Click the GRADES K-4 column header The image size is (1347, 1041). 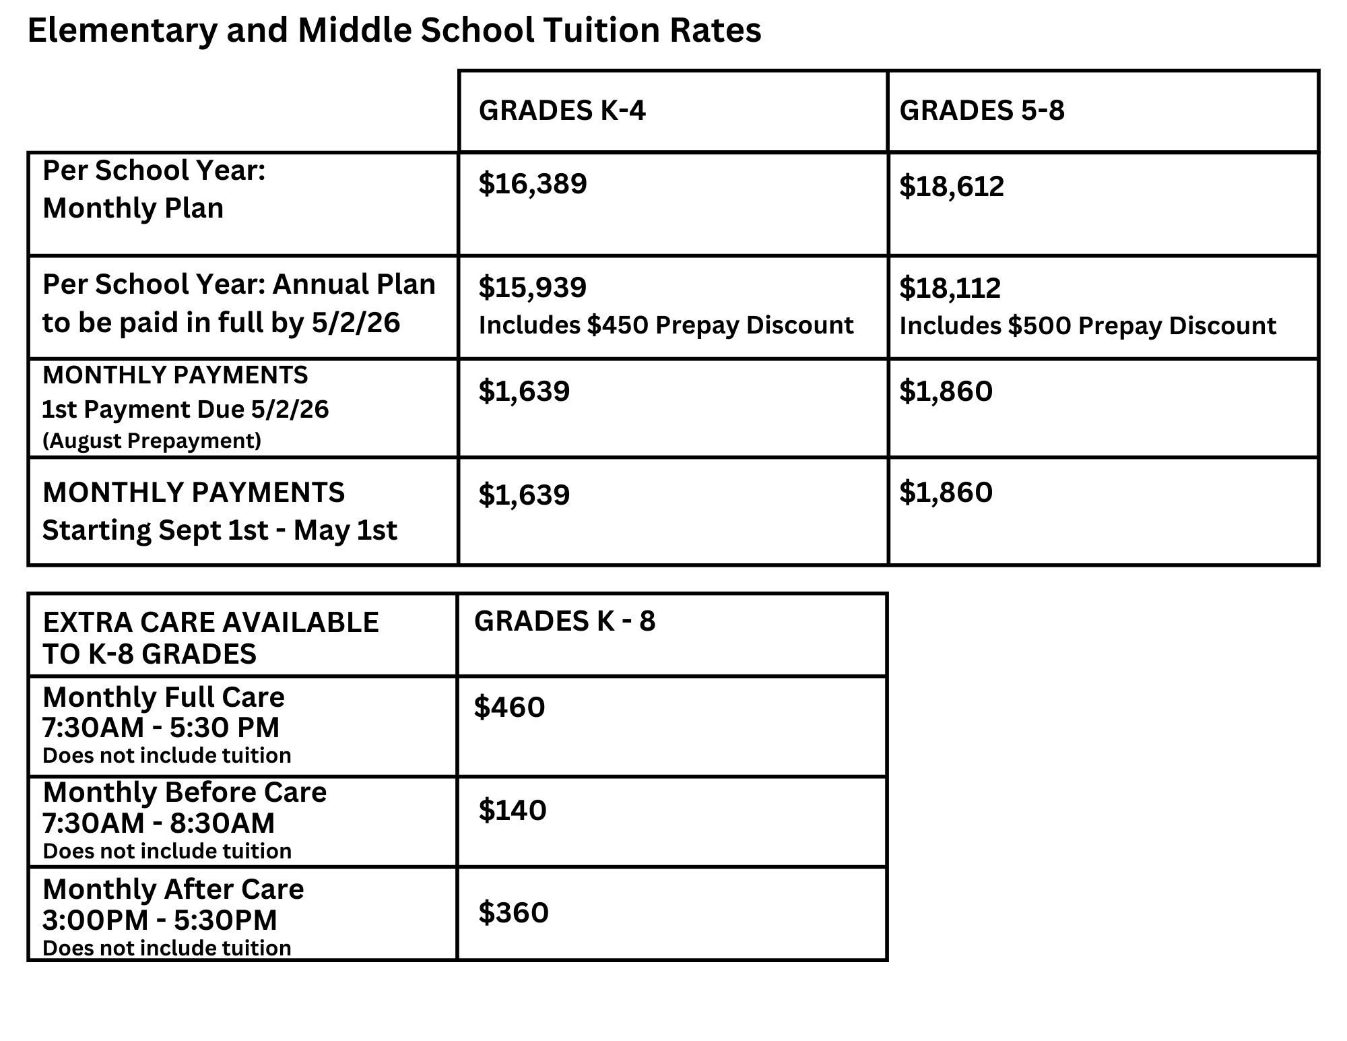562,111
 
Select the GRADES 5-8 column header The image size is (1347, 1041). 982,111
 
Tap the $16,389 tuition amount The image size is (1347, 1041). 533,184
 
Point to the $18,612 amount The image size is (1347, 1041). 952,187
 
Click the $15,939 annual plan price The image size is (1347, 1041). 533,288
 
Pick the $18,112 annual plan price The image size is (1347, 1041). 950,288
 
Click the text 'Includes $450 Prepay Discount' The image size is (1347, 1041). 666,325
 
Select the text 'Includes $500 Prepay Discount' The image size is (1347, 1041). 1088,326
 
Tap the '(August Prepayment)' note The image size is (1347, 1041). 152,441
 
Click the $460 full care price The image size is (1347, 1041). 510,707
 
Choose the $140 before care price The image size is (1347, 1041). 513,811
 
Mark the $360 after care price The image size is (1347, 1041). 514,913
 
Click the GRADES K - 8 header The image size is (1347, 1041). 564,621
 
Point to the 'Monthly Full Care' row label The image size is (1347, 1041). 164,697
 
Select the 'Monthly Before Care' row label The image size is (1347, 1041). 185,792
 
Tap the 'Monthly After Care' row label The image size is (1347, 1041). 173,889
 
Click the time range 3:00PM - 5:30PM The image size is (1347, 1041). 160,920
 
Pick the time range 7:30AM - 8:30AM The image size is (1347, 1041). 159,823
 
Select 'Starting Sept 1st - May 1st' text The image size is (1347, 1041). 220,530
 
